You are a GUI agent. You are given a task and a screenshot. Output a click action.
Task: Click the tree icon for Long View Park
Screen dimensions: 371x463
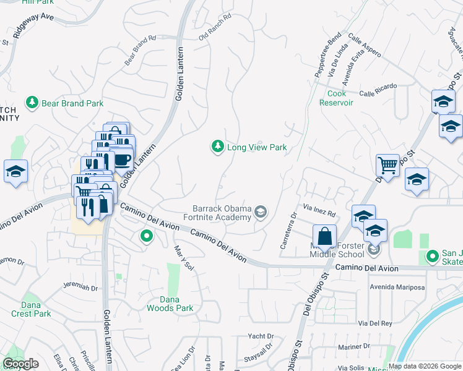[217, 147]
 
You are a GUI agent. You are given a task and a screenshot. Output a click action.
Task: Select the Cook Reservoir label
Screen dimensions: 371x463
[336, 98]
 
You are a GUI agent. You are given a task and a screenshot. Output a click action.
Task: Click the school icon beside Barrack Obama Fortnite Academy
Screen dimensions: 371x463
[261, 213]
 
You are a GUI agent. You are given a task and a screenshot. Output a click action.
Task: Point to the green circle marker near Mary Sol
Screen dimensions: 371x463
[147, 236]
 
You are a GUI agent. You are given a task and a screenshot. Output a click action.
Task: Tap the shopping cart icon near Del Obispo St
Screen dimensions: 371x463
[387, 165]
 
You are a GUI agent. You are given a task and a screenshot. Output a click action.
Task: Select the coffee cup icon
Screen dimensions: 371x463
[122, 159]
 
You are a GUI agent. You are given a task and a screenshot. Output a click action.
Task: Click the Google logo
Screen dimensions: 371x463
[21, 364]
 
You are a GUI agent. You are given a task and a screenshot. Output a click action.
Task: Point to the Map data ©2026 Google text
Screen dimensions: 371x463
[425, 366]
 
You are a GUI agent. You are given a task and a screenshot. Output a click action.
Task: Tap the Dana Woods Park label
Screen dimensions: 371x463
[170, 303]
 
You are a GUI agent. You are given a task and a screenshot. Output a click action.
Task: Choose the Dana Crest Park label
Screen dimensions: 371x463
[31, 309]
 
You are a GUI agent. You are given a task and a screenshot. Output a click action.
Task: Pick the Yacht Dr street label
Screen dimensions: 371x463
[261, 336]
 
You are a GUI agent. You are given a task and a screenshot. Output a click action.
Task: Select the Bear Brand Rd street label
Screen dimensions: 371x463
[141, 49]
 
